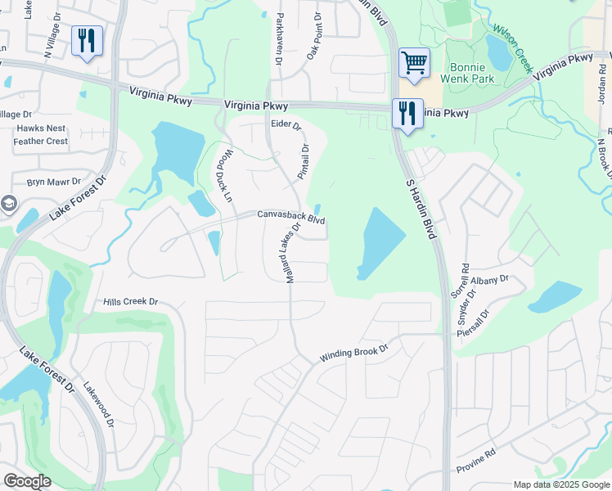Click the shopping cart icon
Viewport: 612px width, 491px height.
tap(415, 62)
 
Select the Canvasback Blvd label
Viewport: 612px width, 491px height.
tap(291, 218)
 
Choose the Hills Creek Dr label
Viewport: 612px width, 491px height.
tap(130, 302)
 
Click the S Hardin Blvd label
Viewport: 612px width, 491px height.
tap(417, 208)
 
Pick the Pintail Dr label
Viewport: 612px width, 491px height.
tap(303, 162)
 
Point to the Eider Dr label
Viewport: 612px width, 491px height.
tap(286, 125)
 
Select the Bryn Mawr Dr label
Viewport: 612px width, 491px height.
tap(54, 182)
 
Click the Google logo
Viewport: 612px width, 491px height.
tap(27, 481)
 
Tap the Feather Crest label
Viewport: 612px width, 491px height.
tap(39, 142)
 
